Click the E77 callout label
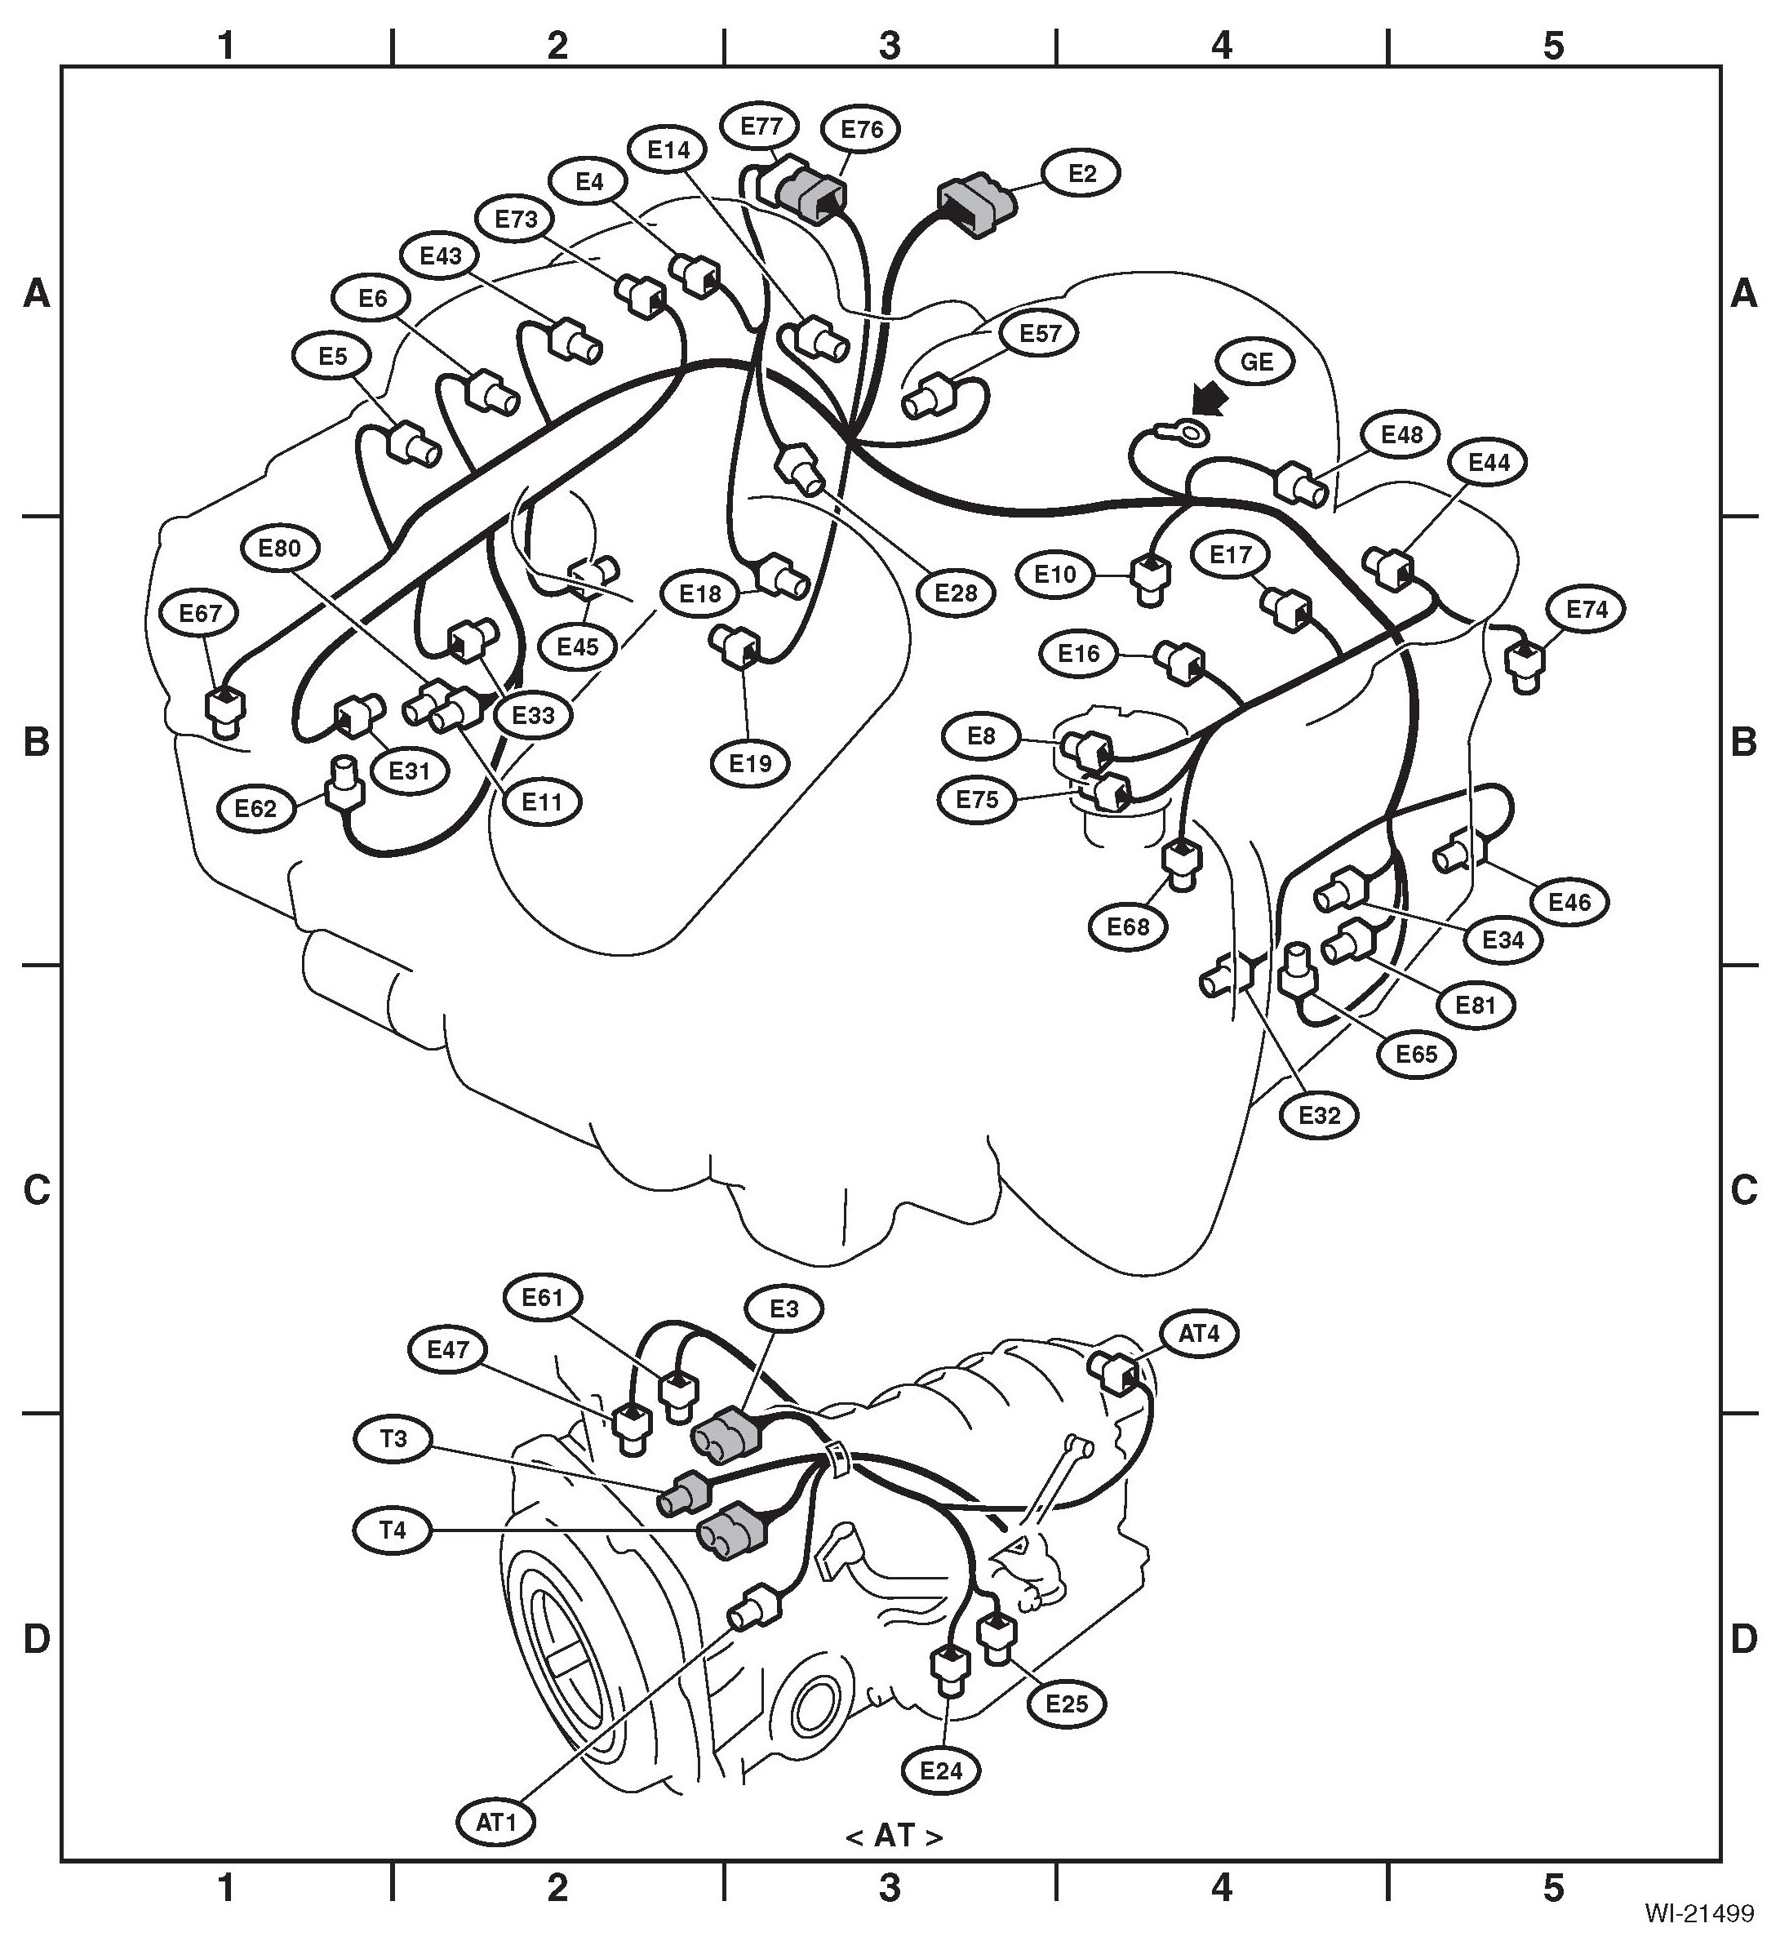click(x=761, y=127)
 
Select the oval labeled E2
click(x=1081, y=173)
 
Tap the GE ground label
click(x=1257, y=362)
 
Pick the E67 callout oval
click(x=201, y=613)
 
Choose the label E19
click(x=749, y=763)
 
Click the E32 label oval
click(x=1319, y=1116)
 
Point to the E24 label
click(x=941, y=1770)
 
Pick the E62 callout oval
click(x=255, y=808)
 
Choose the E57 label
click(x=1040, y=333)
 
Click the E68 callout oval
click(x=1128, y=926)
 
